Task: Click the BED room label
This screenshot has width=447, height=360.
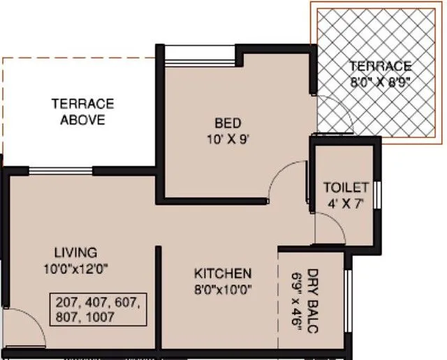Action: point(228,123)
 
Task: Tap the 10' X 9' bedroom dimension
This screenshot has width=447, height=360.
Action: point(228,140)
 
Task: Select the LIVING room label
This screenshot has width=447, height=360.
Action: point(75,253)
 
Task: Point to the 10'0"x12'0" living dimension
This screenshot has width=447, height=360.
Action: point(76,269)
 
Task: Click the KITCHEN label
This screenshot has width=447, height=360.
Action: point(223,273)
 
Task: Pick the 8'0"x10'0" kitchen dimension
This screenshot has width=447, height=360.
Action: point(223,290)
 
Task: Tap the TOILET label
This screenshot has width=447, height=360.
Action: point(346,188)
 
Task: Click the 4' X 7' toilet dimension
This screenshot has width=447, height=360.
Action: point(346,204)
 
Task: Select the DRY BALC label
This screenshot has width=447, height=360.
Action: point(312,301)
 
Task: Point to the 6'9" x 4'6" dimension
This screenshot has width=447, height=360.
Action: point(296,302)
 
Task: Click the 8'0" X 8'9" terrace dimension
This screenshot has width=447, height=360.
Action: point(380,82)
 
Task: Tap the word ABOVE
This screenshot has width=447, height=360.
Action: point(82,120)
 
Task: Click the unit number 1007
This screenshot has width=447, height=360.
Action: point(100,317)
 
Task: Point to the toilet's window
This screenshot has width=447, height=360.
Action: point(377,195)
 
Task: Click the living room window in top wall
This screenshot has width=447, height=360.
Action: point(61,171)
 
